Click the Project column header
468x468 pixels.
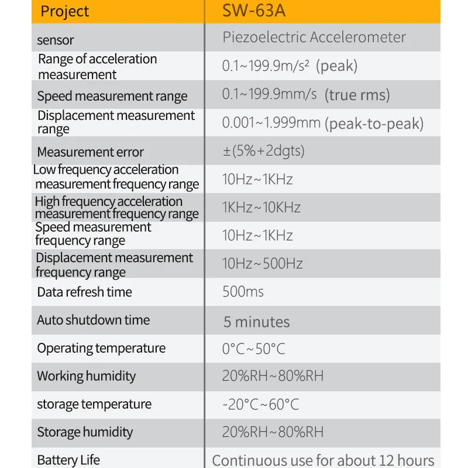click(65, 11)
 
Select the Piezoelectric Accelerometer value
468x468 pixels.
click(314, 37)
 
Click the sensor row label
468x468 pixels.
click(56, 40)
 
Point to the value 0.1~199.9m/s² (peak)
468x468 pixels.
click(290, 66)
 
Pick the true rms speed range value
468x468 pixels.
click(306, 94)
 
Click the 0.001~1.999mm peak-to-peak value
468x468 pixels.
click(322, 123)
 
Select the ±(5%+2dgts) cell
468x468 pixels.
click(263, 150)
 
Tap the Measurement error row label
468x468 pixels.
click(90, 152)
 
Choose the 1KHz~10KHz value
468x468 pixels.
click(261, 207)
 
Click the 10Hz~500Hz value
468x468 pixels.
click(262, 263)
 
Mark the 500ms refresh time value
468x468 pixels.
click(243, 291)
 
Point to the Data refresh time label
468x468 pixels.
click(84, 292)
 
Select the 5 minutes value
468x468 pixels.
click(256, 322)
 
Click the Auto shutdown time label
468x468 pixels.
click(93, 320)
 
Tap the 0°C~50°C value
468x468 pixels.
click(253, 349)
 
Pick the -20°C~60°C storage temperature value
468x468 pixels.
click(260, 404)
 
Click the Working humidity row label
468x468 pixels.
click(86, 376)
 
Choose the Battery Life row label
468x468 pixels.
click(68, 460)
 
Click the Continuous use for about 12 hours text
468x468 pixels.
click(323, 460)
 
